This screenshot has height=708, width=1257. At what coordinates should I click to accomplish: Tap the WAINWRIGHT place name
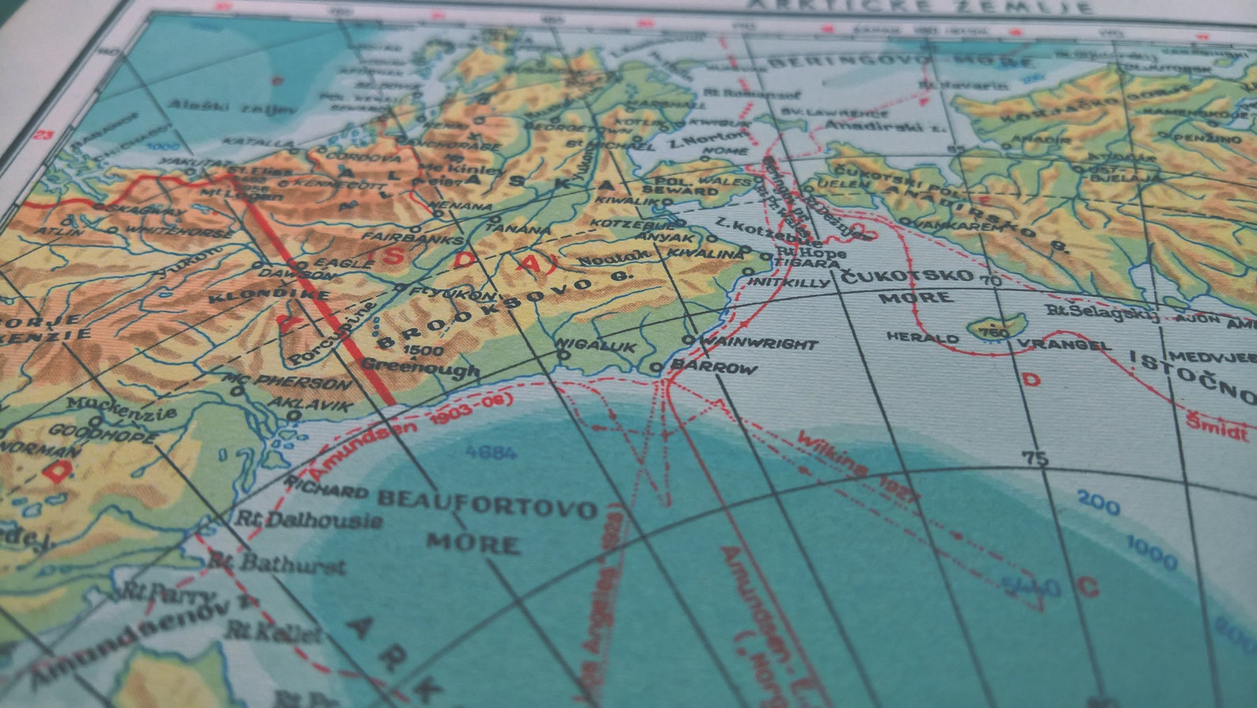click(x=758, y=344)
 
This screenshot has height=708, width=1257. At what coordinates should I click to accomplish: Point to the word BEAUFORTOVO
click(x=487, y=503)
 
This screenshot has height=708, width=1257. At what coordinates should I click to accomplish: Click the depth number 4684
click(x=491, y=452)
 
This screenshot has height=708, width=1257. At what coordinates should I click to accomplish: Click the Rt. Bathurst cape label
click(x=276, y=563)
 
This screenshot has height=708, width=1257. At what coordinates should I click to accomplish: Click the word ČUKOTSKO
click(x=907, y=276)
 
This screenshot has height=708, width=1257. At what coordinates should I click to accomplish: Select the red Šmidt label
click(x=1216, y=425)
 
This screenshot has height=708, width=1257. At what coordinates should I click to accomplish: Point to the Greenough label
click(x=420, y=367)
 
